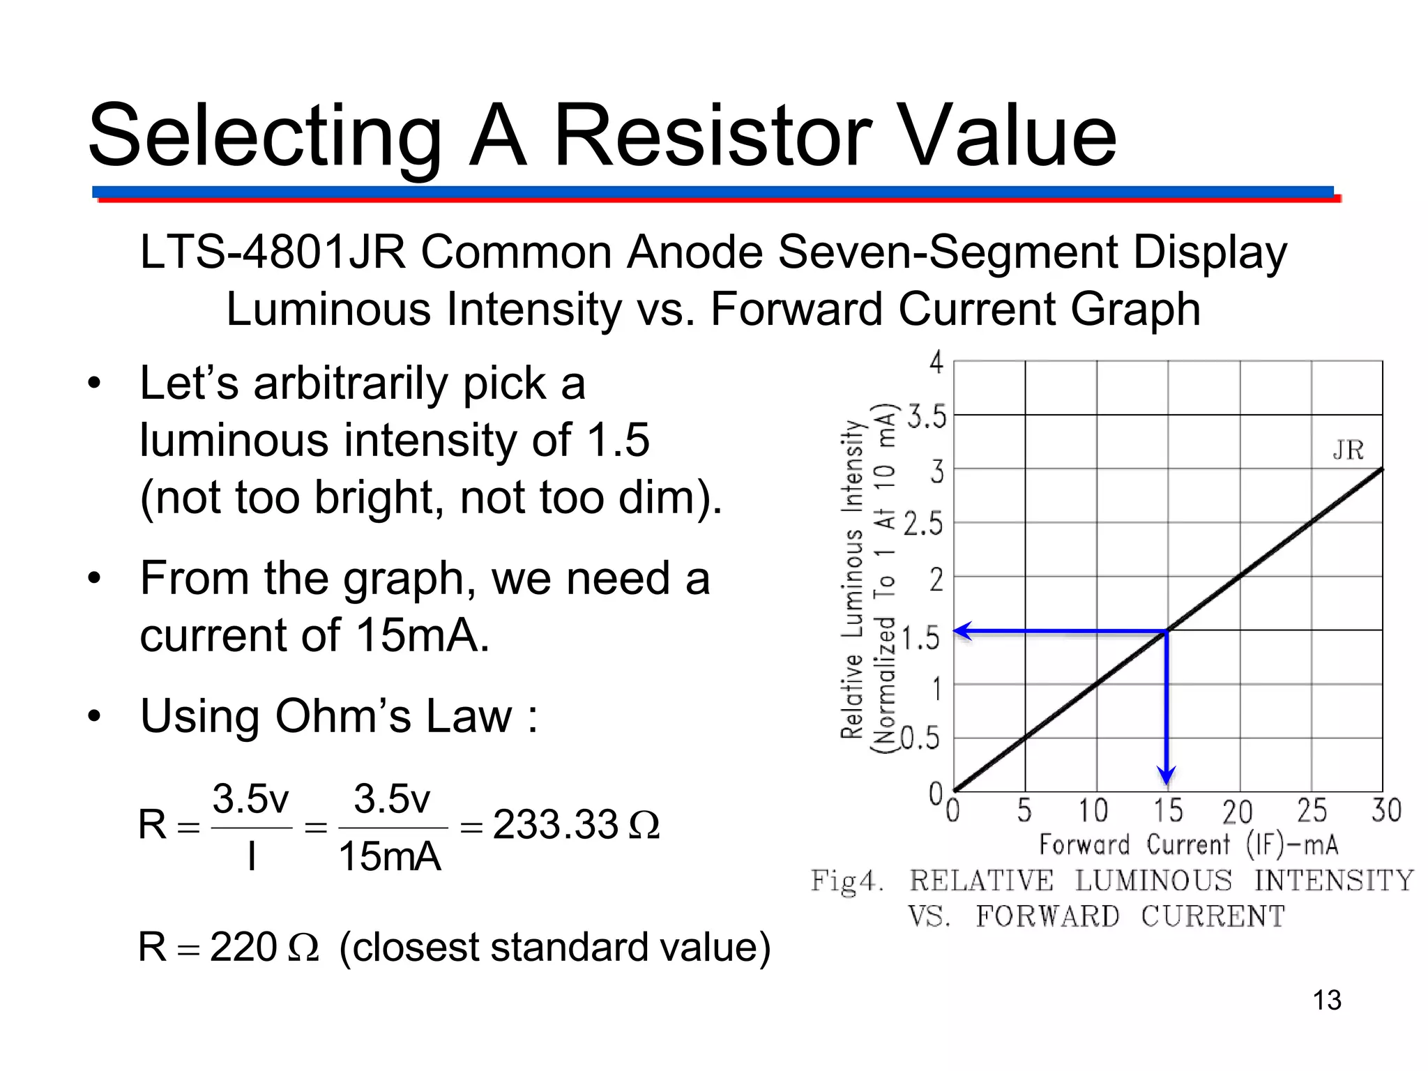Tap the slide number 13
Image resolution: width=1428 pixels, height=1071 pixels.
point(1326,1000)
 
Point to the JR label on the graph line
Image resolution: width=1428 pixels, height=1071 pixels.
point(1348,450)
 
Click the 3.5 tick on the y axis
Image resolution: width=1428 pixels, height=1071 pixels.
point(927,418)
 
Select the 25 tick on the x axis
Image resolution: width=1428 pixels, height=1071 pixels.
point(1311,811)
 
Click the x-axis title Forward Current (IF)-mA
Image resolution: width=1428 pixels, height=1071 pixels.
point(1188,845)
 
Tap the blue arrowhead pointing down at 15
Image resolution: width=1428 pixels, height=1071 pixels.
point(1167,774)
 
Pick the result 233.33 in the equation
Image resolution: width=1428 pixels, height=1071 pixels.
point(555,825)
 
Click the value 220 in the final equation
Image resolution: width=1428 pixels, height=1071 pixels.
point(243,947)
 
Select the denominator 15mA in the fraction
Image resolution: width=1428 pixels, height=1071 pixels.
point(389,857)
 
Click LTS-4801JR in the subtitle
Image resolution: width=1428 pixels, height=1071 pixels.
point(273,252)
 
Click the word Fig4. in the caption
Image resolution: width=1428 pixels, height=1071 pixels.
point(846,881)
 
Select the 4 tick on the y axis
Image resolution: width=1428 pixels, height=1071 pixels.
point(936,363)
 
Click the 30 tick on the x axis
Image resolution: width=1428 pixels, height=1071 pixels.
point(1385,811)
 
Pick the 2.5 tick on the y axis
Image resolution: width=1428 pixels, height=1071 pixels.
point(922,524)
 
